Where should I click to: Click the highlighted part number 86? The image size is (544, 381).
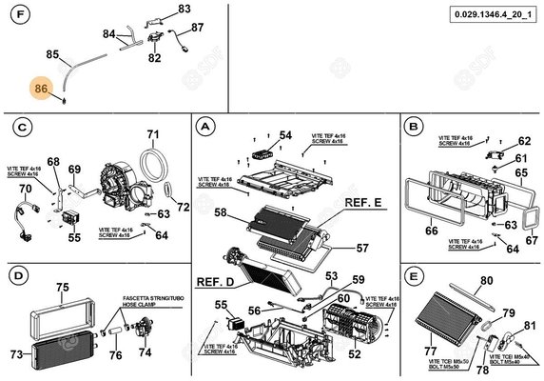coord(41,89)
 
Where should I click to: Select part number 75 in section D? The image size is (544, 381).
coord(63,287)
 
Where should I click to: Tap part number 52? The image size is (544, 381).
coord(353,354)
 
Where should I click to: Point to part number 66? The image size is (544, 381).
coord(432,230)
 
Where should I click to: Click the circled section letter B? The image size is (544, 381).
coord(413,126)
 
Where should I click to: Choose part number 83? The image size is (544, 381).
coord(185,9)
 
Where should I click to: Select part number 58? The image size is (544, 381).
coord(220,214)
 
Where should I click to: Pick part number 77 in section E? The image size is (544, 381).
coord(431,351)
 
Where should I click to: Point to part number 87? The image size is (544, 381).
coord(197,28)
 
